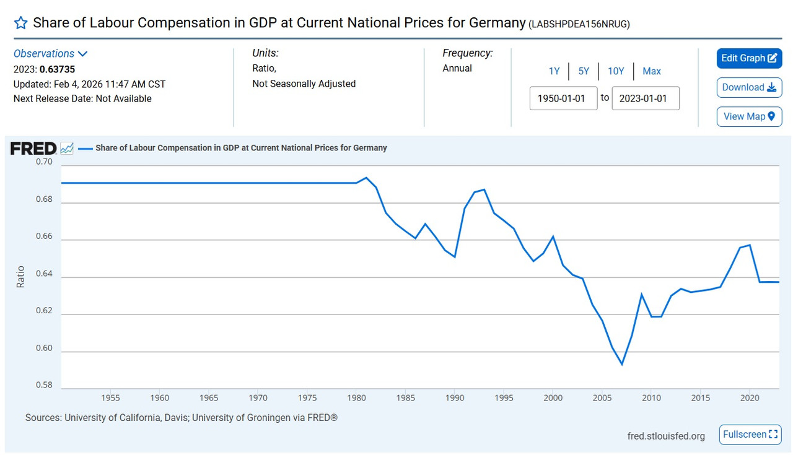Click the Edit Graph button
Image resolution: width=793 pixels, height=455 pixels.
(x=749, y=58)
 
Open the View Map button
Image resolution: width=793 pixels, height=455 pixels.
(x=749, y=116)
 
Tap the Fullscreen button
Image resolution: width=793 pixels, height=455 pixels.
(x=750, y=435)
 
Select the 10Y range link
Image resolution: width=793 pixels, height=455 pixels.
(x=616, y=71)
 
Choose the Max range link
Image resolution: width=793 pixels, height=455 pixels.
(x=652, y=71)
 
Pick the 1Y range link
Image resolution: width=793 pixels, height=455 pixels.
(x=554, y=71)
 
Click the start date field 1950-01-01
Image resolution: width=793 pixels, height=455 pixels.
(x=563, y=98)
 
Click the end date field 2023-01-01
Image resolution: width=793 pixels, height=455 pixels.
(x=645, y=98)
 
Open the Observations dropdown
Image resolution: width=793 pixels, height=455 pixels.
(x=50, y=54)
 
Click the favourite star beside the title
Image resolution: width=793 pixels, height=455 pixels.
(x=20, y=24)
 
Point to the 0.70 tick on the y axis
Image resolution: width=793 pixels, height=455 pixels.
(x=43, y=162)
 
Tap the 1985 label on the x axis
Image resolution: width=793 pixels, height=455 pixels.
(x=405, y=397)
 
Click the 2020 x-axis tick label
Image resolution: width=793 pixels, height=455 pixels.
(x=750, y=397)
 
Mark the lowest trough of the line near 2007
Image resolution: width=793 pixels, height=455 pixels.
(x=622, y=365)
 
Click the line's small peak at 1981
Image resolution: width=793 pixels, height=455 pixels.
(x=366, y=178)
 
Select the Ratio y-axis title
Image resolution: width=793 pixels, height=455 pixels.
(x=21, y=277)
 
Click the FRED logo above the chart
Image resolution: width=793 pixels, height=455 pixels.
(x=33, y=149)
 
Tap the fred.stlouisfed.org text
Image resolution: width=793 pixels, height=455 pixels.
(x=666, y=436)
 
